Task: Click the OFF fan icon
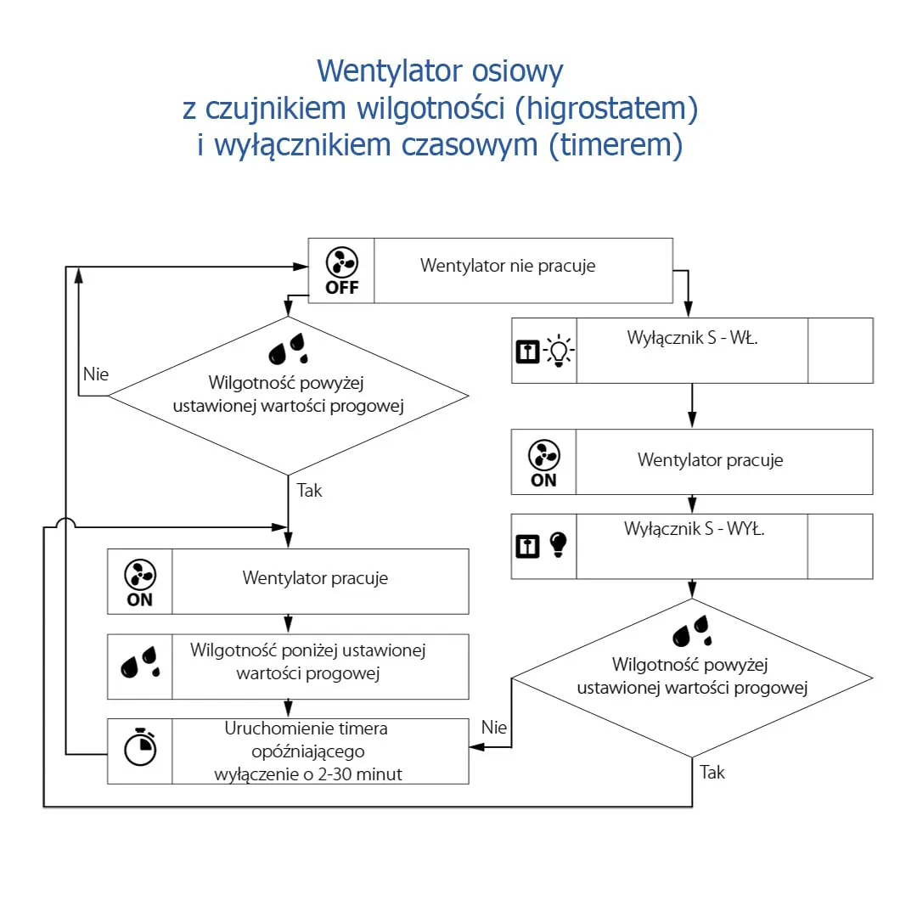point(341,271)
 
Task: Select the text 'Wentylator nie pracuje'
point(508,266)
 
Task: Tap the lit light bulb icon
point(559,351)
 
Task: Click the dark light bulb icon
point(559,545)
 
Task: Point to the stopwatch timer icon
point(140,747)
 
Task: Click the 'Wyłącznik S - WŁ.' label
point(692,337)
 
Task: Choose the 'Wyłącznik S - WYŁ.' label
point(695,529)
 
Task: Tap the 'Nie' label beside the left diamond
point(96,374)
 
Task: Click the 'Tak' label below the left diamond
point(309,490)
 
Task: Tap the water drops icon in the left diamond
point(288,349)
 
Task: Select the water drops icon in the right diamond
point(693,631)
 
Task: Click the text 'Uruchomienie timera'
point(306,729)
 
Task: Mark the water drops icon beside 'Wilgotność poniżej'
point(140,662)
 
